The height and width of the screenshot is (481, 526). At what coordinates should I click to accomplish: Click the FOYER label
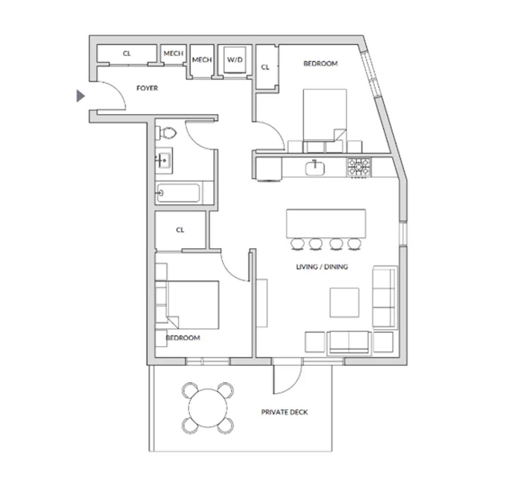[147, 88]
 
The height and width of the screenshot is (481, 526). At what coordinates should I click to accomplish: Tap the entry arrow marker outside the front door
[81, 96]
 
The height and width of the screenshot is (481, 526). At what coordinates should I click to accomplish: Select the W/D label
[235, 60]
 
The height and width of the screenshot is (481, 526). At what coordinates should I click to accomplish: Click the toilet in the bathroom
[167, 133]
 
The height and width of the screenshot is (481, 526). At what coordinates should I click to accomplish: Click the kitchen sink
[315, 168]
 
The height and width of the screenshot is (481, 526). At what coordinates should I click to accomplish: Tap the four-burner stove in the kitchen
[359, 167]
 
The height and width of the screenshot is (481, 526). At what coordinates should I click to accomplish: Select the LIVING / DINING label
[322, 267]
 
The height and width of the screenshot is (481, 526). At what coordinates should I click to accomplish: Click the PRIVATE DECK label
[284, 412]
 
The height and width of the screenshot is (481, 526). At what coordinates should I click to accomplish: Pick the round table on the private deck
[208, 408]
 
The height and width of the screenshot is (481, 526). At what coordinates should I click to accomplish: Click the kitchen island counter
[326, 223]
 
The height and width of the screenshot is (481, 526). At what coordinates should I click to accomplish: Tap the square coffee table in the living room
[344, 302]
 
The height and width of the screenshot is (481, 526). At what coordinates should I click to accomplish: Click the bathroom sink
[164, 160]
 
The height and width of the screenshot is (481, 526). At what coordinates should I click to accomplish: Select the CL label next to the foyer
[127, 53]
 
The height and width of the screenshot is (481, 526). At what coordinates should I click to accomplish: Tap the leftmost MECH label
[174, 53]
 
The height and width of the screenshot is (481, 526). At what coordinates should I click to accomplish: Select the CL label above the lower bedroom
[180, 230]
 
